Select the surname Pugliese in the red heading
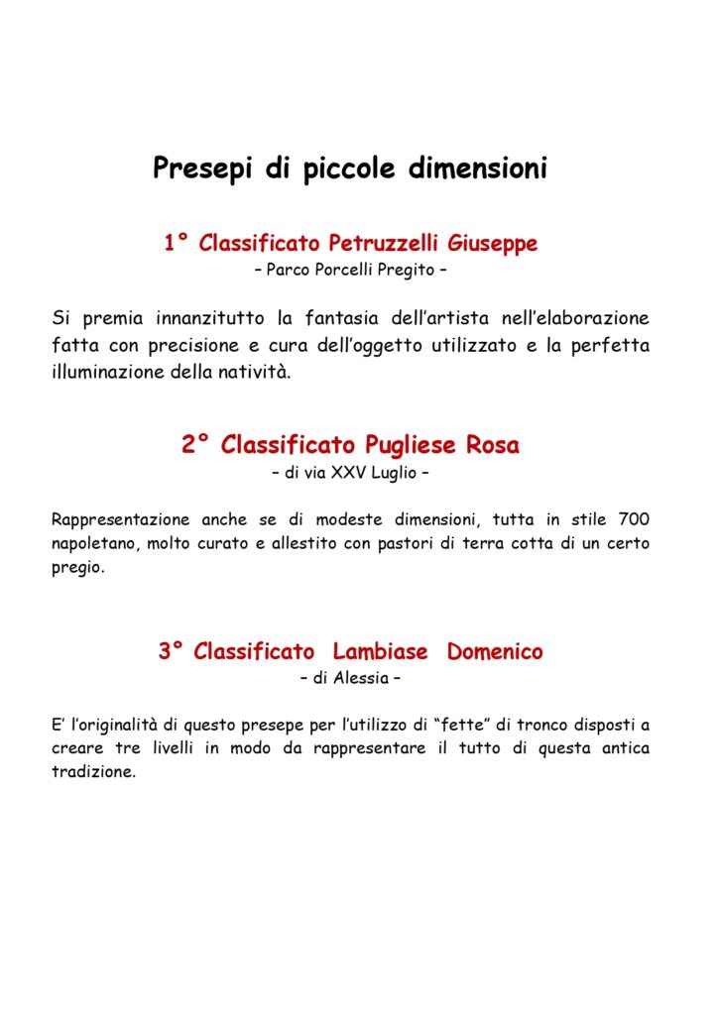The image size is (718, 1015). pyautogui.click(x=409, y=446)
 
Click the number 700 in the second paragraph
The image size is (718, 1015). pyautogui.click(x=634, y=519)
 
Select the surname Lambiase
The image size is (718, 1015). pyautogui.click(x=381, y=652)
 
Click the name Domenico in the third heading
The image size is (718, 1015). pyautogui.click(x=495, y=652)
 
